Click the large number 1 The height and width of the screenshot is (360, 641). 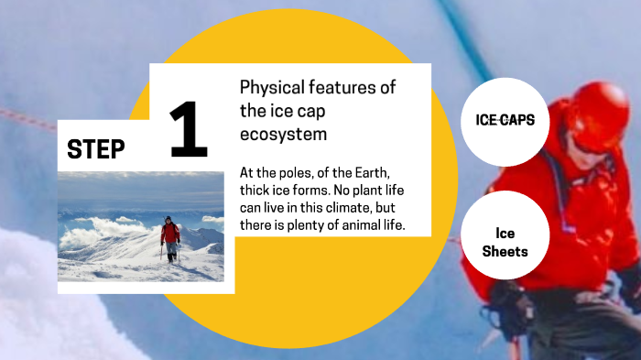pyautogui.click(x=189, y=130)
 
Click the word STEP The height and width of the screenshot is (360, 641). pyautogui.click(x=96, y=150)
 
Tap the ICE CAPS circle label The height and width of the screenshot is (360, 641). pyautogui.click(x=505, y=120)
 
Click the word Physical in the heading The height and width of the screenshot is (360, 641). pyautogui.click(x=270, y=88)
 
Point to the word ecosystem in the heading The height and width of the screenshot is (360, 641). pyautogui.click(x=283, y=134)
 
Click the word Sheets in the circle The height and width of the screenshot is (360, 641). pyautogui.click(x=505, y=251)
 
